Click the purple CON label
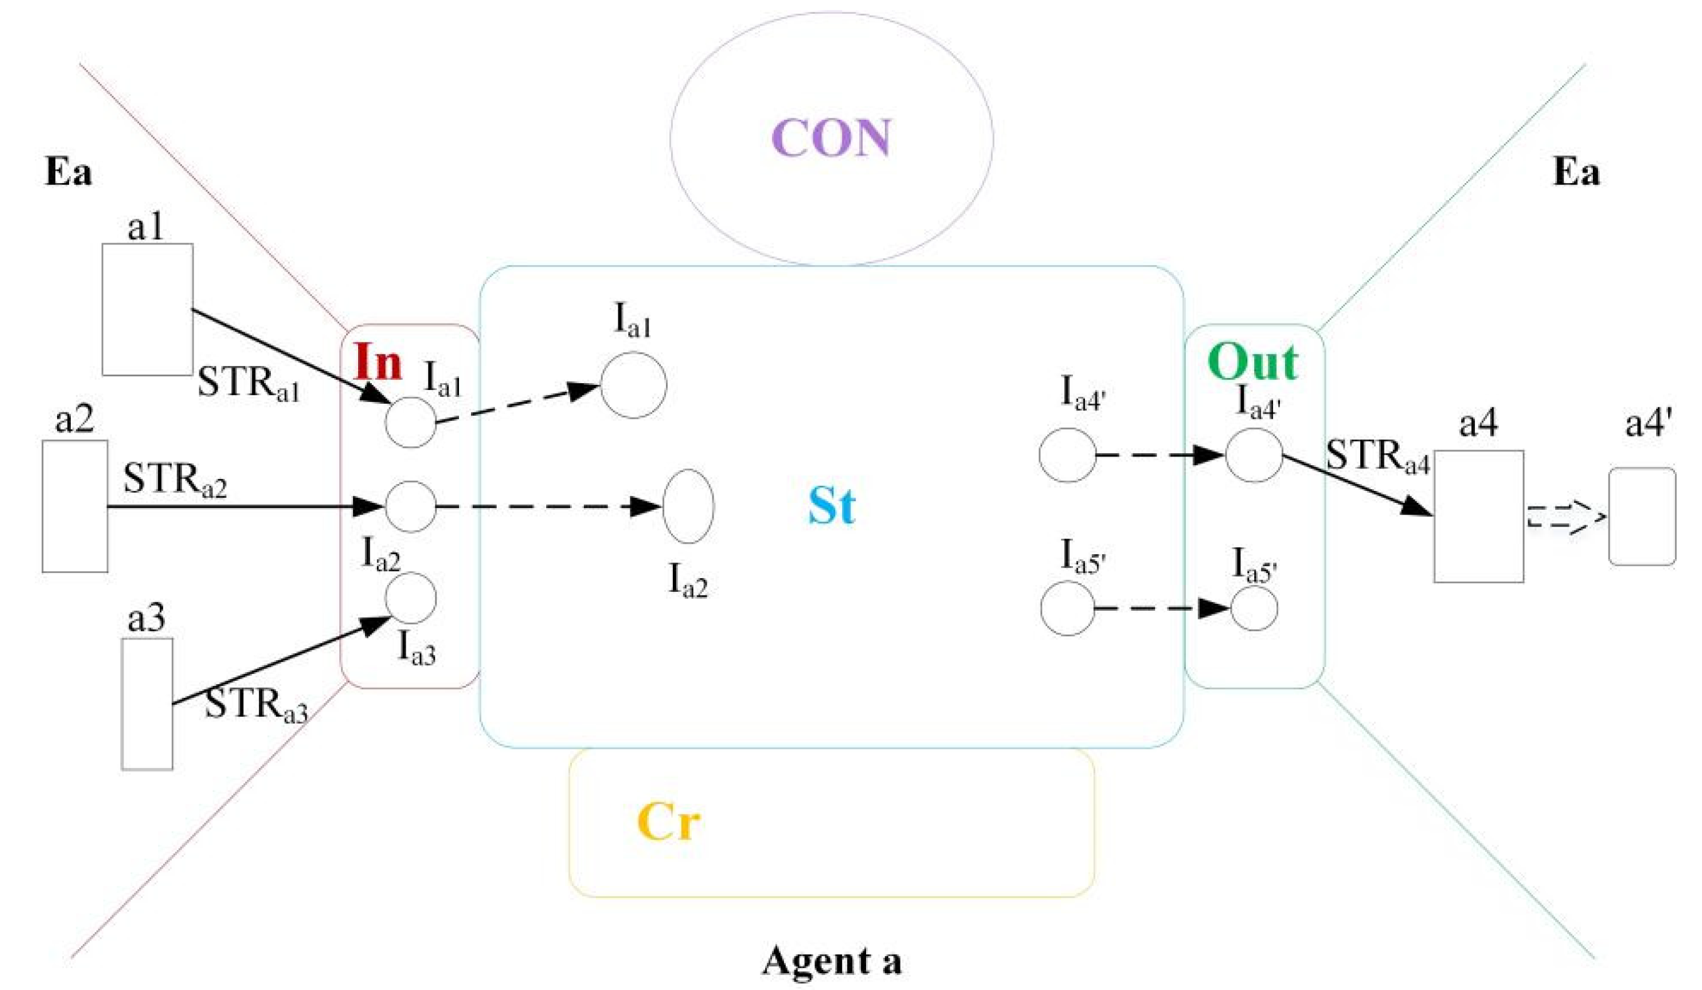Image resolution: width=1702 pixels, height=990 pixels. click(831, 138)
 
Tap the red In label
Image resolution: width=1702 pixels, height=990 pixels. click(378, 362)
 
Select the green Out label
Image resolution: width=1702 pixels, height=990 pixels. click(1252, 362)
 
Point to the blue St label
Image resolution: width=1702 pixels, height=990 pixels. click(832, 506)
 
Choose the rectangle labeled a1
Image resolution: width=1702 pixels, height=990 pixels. click(147, 309)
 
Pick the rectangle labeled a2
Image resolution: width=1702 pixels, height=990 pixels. click(74, 506)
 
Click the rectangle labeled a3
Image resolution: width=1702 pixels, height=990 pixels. click(147, 703)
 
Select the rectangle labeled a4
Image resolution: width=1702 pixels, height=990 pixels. click(1479, 516)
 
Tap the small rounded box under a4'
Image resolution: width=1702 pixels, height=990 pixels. click(1642, 517)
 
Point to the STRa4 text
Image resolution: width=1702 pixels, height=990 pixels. click(1378, 456)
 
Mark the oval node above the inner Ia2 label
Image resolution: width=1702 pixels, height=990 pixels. click(688, 506)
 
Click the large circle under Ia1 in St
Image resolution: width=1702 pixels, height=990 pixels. click(633, 385)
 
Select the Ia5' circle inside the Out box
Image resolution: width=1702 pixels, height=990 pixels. click(1254, 608)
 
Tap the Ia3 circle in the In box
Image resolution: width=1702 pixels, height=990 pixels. click(411, 598)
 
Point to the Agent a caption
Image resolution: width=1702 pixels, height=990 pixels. click(832, 961)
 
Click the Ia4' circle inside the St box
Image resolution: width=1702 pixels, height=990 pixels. click(1067, 455)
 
